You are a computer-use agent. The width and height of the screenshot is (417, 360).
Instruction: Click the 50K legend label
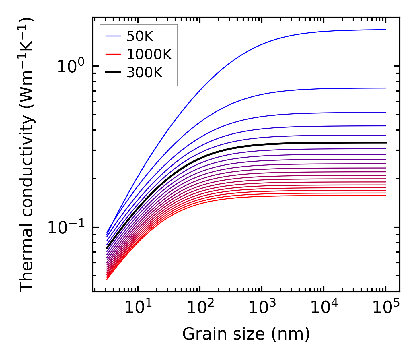(x=140, y=36)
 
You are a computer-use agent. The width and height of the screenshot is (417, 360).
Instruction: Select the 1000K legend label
(x=149, y=54)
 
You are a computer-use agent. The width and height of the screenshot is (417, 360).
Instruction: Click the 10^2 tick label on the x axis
(x=200, y=308)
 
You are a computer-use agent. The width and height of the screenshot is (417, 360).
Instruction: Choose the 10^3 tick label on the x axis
(x=262, y=308)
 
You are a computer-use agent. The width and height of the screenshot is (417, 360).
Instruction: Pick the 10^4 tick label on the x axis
(x=324, y=308)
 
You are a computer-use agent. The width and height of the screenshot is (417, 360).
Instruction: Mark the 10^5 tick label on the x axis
(x=386, y=308)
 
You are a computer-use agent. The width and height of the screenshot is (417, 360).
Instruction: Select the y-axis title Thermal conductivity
(x=27, y=154)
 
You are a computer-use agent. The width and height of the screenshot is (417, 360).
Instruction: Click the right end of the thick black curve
(x=386, y=142)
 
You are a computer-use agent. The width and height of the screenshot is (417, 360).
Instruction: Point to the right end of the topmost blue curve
(x=386, y=30)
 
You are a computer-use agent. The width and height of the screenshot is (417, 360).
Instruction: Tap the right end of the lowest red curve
(x=386, y=196)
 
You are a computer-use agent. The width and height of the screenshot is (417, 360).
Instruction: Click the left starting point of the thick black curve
(x=107, y=248)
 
